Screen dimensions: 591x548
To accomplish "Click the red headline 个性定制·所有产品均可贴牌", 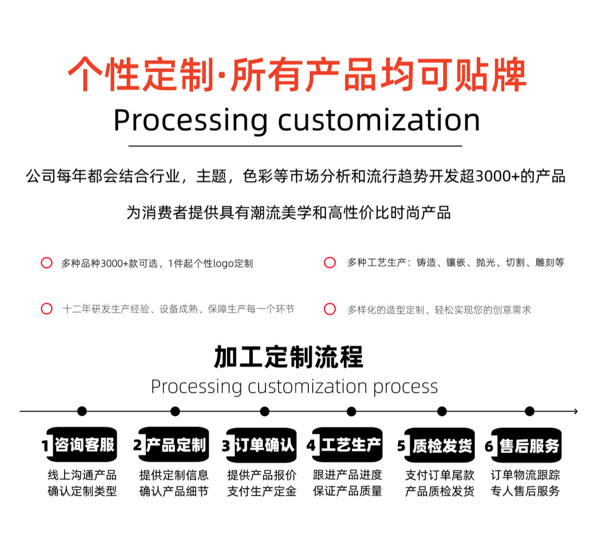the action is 297,75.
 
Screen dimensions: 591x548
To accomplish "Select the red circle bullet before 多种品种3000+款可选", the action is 47,263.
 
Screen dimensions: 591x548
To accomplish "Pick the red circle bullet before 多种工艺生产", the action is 330,263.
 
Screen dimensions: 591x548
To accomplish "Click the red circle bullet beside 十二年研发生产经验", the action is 47,309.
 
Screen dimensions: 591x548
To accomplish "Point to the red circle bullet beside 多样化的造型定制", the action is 330,309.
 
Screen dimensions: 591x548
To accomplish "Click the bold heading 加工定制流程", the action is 288,357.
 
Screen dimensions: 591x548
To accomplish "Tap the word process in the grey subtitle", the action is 405,387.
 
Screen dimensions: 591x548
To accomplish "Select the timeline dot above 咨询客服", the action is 82,411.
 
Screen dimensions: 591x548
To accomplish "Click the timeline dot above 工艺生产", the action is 351,411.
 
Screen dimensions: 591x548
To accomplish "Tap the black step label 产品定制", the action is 176,445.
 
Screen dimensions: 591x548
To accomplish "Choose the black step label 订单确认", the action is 264,445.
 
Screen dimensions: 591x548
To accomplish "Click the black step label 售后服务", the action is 529,445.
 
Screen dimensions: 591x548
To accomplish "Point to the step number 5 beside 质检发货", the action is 402,445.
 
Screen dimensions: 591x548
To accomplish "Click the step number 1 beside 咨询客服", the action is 45,445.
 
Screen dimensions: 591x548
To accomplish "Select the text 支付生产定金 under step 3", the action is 262,491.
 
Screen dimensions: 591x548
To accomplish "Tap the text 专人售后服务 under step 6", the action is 525,491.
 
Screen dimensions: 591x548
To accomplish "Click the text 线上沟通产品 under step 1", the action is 82,475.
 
